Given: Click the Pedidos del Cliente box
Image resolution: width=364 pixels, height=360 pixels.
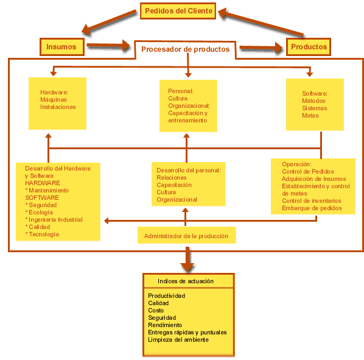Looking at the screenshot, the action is pos(178,11).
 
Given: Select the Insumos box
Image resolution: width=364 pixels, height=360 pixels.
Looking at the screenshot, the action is pos(61,47).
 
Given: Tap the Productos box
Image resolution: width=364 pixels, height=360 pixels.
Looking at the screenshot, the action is pos(309,47).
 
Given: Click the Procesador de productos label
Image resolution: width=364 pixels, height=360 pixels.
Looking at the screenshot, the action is pos(185,49).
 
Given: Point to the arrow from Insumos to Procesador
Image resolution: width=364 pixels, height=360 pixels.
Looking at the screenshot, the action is pos(108,45).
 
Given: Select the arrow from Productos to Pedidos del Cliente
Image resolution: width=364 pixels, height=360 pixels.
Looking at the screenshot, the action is pos(261,22).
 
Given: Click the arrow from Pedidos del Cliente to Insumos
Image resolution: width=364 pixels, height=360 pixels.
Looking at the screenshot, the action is pos(109,23).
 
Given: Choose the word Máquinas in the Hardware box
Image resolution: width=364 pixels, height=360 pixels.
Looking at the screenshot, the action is pos(54,100).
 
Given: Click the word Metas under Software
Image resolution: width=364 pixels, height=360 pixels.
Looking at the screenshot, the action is pos(310,116).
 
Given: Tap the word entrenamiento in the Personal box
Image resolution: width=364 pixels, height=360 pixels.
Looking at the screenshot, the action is pos(187,121).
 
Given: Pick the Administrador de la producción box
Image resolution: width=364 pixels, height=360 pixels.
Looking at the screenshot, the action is pos(187,235).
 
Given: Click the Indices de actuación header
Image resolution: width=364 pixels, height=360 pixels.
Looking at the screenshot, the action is pos(186,281).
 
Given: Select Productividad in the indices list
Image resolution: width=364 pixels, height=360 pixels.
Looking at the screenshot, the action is pos(166,296).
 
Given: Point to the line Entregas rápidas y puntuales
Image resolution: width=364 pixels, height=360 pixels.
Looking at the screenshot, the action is pos(187,333).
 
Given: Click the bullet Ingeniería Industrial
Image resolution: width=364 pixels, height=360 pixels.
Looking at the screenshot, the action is pos(54,220).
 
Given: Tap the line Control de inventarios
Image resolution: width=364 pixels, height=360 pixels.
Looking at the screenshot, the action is pos(312,200).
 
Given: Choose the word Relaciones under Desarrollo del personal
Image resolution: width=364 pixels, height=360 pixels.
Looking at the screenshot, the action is pos(172,178).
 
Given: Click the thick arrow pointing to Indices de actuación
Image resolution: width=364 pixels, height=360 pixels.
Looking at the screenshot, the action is pos(187,259).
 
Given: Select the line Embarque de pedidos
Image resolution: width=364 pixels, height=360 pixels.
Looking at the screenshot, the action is pos(312,208).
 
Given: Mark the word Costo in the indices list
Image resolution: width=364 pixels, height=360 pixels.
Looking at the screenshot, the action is pos(156,311).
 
